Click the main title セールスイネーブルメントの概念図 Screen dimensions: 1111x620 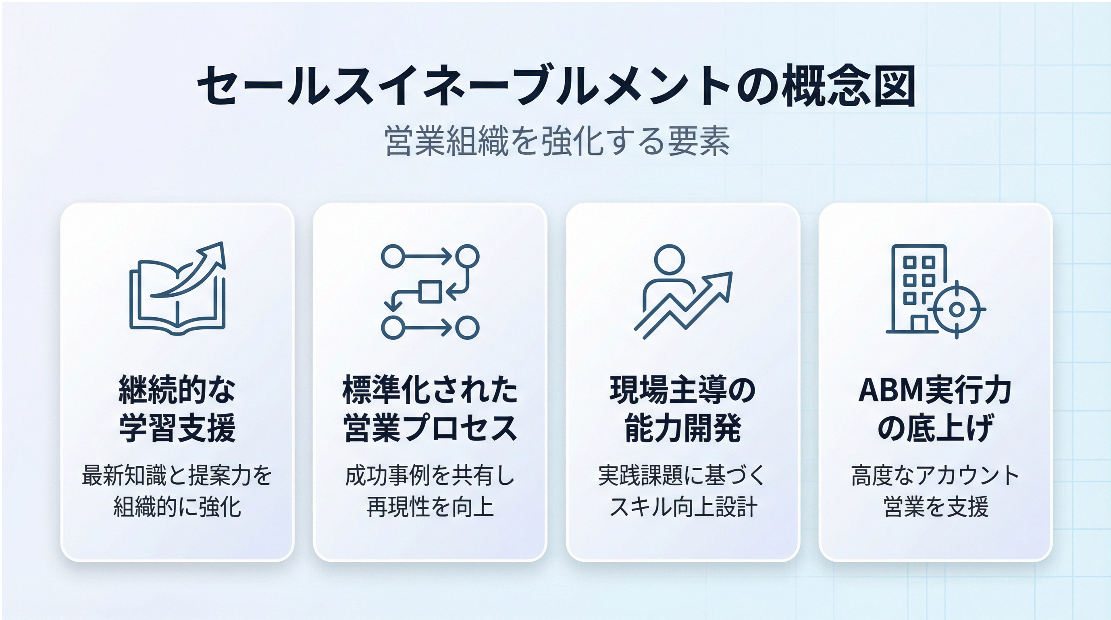tap(556, 86)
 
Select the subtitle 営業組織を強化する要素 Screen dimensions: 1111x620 tap(556, 141)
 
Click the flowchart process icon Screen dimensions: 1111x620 tap(430, 292)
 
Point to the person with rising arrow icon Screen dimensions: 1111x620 tap(683, 292)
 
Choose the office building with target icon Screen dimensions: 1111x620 tap(936, 292)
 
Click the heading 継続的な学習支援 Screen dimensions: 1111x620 tap(177, 409)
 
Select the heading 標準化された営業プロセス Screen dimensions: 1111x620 tap(430, 409)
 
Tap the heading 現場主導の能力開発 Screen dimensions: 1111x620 tap(683, 409)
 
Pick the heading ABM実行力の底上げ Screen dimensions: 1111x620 tap(936, 409)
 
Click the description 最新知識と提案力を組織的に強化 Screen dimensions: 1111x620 tap(177, 491)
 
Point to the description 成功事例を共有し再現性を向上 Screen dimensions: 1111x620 tap(430, 491)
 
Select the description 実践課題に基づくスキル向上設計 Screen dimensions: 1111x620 tap(683, 491)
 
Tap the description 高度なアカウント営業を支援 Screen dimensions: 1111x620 tap(936, 491)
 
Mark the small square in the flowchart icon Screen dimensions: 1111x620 tap(430, 292)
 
